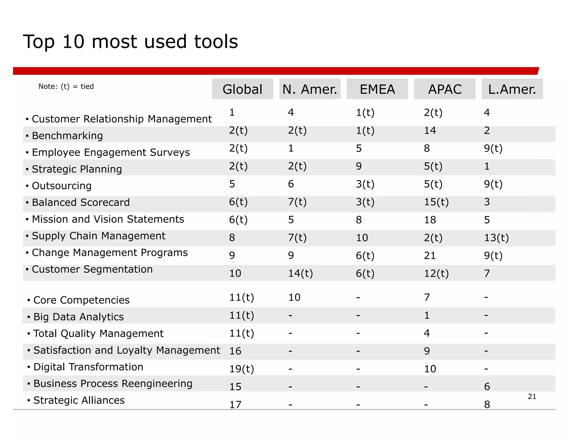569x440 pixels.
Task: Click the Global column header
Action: click(x=242, y=89)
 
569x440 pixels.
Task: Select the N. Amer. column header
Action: click(x=310, y=89)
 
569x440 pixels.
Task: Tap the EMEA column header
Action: click(x=377, y=89)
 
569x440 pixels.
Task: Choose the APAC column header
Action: click(x=445, y=89)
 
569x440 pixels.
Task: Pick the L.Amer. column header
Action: click(x=512, y=89)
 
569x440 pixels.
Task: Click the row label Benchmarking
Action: click(x=67, y=136)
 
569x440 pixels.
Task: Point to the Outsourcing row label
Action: click(x=62, y=186)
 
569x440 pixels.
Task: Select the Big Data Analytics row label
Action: click(x=78, y=317)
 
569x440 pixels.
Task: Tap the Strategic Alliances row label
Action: click(x=79, y=400)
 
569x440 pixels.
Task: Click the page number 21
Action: click(x=532, y=396)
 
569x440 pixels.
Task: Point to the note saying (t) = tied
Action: click(x=66, y=86)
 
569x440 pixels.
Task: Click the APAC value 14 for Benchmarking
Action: click(x=430, y=130)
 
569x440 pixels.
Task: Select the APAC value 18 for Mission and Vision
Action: click(x=430, y=220)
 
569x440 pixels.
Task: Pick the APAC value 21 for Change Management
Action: click(x=430, y=255)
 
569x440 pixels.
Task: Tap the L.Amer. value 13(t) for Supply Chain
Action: click(x=496, y=238)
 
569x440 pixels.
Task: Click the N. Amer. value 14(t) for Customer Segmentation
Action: click(x=300, y=273)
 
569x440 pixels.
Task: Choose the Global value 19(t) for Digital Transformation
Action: click(x=241, y=369)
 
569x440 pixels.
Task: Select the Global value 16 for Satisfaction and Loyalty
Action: click(x=235, y=351)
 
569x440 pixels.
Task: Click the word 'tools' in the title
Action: click(x=216, y=42)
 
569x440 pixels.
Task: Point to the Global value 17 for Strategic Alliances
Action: click(x=235, y=404)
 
